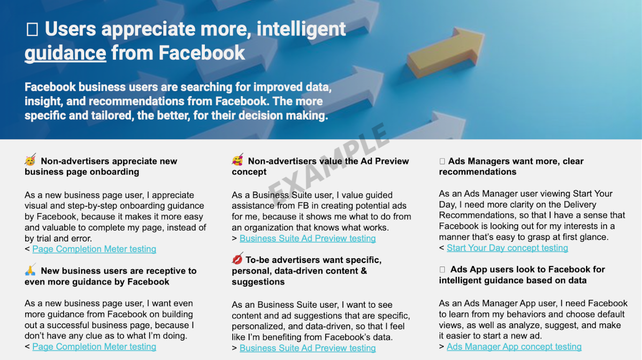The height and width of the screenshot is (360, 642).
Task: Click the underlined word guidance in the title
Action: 65,53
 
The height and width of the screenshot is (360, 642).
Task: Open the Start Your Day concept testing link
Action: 507,248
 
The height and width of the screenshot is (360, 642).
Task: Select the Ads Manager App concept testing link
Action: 514,347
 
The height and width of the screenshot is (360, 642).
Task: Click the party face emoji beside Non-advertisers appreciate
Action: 30,160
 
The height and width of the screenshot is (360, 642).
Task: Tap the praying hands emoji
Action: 30,270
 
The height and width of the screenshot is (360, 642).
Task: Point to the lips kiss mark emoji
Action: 237,259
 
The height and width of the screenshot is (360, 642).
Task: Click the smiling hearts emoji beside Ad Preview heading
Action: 238,160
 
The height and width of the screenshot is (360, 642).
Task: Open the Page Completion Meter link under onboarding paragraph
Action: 95,249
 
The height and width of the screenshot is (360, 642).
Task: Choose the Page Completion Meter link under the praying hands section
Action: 95,347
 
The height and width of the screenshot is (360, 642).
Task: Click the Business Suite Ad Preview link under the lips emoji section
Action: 308,348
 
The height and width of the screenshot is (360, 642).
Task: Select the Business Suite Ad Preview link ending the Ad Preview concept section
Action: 308,238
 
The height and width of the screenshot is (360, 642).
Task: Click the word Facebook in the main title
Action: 202,53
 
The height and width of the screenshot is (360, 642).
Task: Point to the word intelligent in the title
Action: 301,29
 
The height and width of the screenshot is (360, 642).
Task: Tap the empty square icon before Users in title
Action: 32,29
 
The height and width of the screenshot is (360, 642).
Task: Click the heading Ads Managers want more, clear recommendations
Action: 512,166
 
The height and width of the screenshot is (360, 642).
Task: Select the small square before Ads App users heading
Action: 442,270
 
